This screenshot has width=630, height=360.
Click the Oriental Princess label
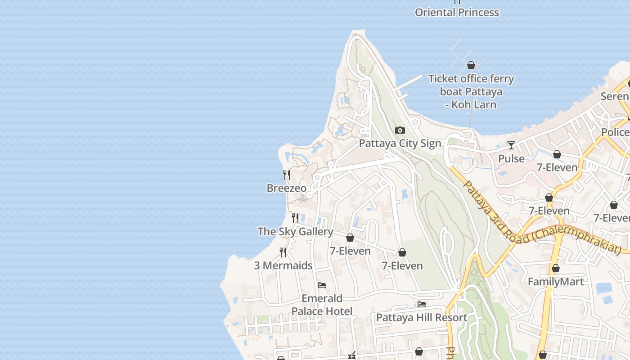457,13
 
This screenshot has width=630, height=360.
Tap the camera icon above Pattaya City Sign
400,130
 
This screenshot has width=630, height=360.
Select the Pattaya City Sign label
400,144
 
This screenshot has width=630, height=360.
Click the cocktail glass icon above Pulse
511,145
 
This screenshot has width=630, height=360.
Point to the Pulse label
511,159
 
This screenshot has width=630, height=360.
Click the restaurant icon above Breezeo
286,175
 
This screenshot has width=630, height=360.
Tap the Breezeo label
286,188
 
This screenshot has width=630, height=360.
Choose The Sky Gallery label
295,232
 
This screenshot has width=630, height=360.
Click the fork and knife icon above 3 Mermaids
283,252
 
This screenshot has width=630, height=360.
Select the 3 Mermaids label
283,265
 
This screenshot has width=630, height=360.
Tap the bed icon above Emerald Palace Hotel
322,285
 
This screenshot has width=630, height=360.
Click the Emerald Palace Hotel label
322,305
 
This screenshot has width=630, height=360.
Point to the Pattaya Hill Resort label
421,318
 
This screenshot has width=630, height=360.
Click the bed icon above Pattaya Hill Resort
422,304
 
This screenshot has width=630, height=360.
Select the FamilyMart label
555,282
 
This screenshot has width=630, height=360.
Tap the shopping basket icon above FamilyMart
556,269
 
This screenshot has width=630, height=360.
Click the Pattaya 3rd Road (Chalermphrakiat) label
540,220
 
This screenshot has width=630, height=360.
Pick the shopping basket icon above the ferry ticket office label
471,66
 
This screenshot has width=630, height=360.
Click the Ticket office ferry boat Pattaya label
471,92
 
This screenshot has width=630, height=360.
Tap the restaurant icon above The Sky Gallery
295,218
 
